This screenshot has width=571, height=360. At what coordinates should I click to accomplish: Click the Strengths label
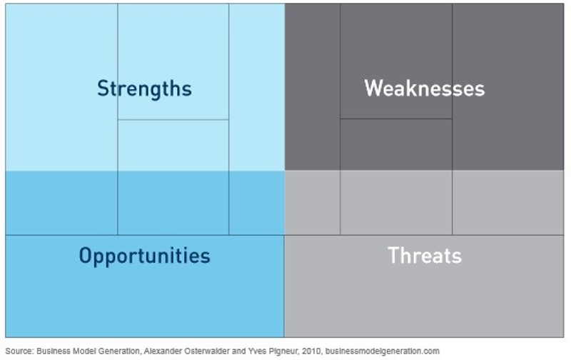coord(144,89)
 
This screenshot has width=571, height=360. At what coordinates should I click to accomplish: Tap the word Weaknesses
coord(425,88)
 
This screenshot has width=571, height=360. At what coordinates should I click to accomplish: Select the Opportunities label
coord(145,256)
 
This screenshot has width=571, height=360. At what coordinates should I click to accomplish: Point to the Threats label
coord(425,255)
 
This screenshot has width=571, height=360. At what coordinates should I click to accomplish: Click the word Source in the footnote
coord(19,351)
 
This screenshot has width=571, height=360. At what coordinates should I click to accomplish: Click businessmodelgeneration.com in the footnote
coord(383,351)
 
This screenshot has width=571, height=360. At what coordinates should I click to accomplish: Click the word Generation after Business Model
coord(117,351)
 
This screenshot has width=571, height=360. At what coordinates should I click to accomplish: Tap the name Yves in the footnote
coord(255,351)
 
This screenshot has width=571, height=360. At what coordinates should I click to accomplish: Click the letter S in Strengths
coord(103,88)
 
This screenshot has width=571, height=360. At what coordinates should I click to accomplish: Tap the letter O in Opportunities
coord(85,255)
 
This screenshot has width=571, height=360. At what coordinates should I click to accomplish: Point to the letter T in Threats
coord(393,255)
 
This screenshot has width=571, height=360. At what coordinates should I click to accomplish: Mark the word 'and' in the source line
coord(239,351)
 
